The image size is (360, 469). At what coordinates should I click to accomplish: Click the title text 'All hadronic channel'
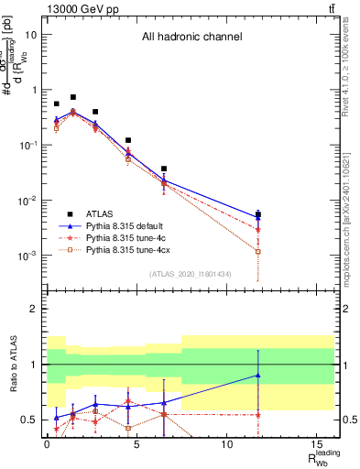point(191,38)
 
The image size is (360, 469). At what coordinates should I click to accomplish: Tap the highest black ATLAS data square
point(73,97)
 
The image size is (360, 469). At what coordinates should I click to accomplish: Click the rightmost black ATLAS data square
point(258,215)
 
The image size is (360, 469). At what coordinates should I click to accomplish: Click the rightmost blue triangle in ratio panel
point(258,375)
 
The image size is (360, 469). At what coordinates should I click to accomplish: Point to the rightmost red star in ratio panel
point(258,414)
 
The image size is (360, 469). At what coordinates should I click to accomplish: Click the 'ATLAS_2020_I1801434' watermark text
point(191,274)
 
